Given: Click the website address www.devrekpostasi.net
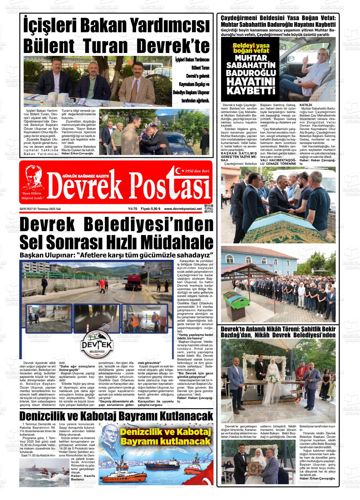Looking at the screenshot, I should [183, 209].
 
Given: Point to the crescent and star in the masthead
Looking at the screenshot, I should [180, 171].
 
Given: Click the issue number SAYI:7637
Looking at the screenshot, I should [27, 209].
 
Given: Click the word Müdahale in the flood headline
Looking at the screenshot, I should [177, 242].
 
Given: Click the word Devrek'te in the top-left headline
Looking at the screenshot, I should [173, 46].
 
